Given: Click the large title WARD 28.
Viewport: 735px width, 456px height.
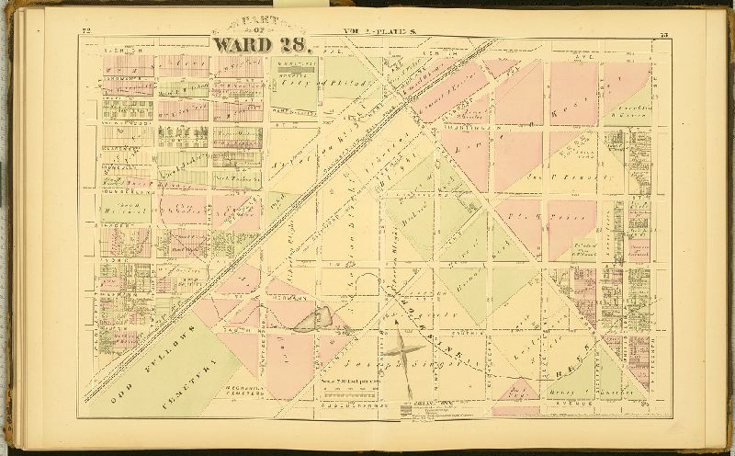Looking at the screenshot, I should coord(262,44).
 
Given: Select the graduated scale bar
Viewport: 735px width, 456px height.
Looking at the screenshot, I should coord(353,389).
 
